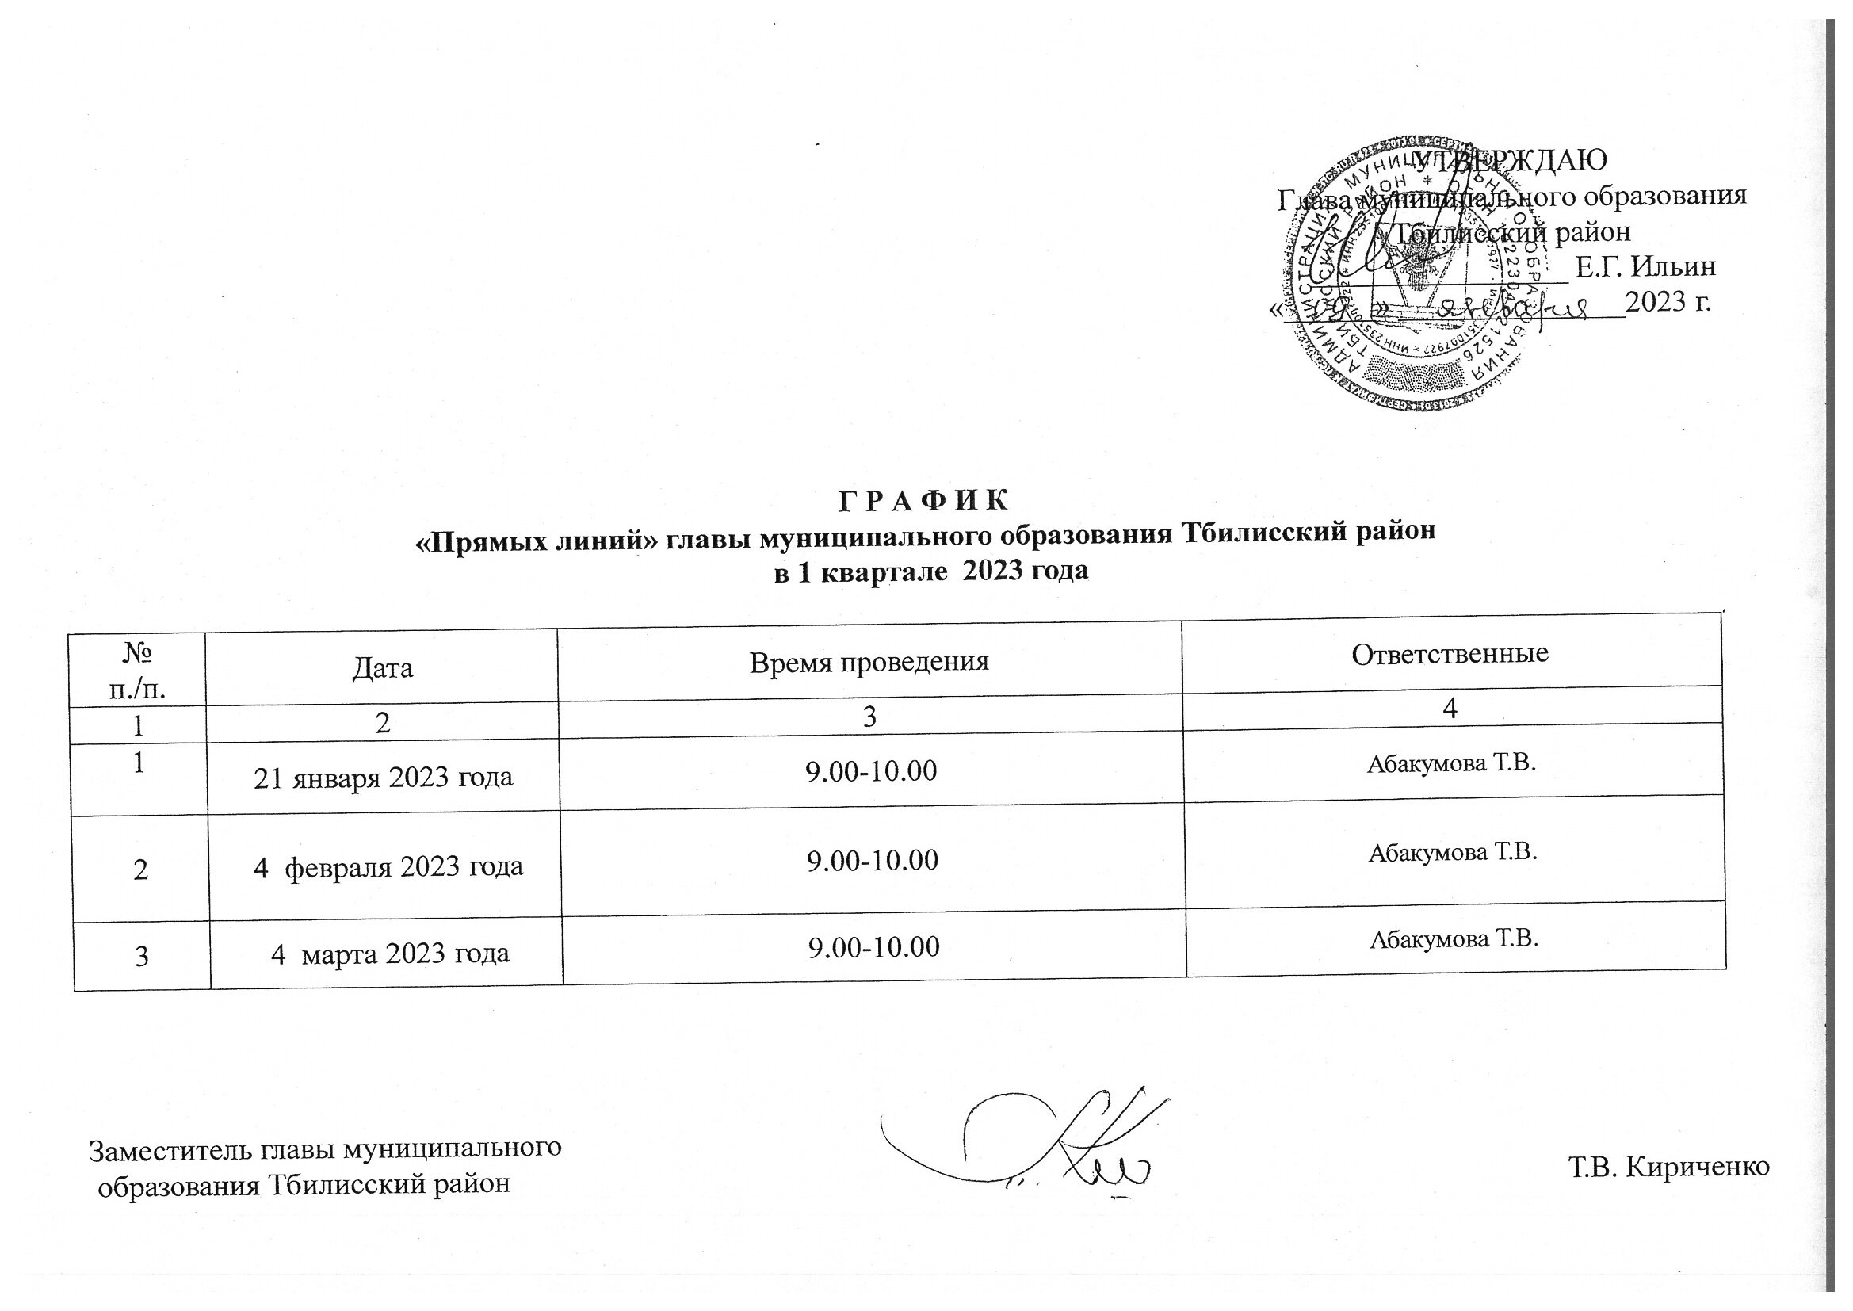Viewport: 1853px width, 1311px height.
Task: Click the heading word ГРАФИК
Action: [x=923, y=500]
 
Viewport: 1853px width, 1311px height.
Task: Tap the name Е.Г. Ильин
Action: [x=1645, y=266]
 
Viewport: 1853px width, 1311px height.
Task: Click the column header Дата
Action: [x=382, y=667]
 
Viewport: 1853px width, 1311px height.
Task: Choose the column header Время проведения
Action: [x=869, y=661]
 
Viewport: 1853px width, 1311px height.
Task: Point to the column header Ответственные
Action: [x=1450, y=653]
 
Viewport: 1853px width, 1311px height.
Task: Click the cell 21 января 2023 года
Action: [x=384, y=777]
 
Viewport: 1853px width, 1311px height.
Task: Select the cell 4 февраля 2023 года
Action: [x=388, y=866]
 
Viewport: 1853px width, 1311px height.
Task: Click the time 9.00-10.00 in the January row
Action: [x=871, y=771]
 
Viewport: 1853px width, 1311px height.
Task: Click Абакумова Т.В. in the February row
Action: [x=1452, y=853]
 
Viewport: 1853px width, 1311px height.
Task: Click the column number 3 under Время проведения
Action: [x=869, y=717]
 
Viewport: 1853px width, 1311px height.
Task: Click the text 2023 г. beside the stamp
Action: [x=1668, y=302]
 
